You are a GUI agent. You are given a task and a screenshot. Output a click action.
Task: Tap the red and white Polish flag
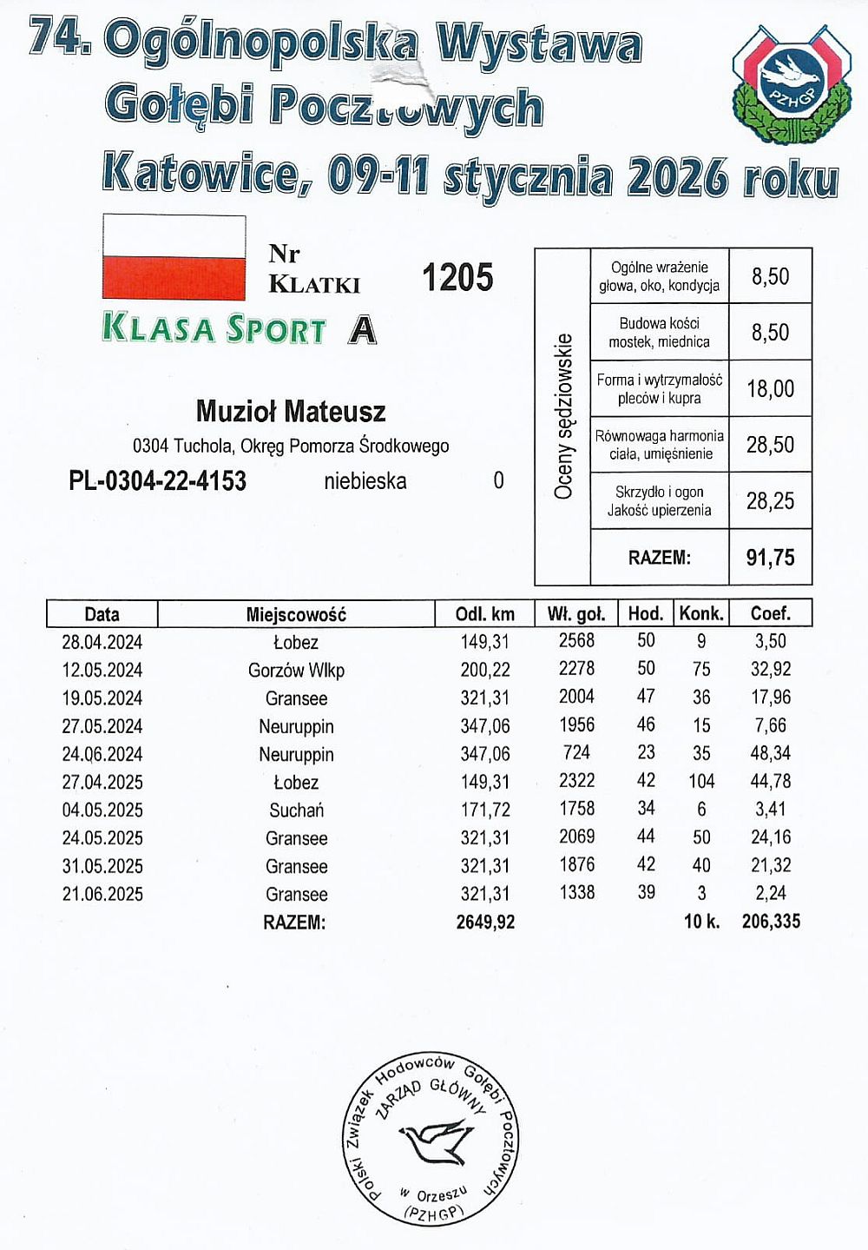click(x=174, y=257)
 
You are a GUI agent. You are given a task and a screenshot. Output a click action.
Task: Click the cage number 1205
click(x=457, y=278)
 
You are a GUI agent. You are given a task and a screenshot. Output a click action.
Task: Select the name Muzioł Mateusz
click(x=291, y=411)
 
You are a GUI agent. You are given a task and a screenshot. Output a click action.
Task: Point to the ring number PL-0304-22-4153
click(x=157, y=480)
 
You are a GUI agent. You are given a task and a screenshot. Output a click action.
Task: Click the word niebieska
click(x=365, y=480)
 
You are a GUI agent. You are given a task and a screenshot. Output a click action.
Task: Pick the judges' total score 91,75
click(x=770, y=557)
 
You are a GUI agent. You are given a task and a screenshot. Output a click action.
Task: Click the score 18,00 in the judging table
click(x=770, y=388)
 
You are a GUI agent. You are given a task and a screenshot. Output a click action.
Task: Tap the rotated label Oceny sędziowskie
click(x=563, y=417)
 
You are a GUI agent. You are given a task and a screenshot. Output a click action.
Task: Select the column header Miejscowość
click(x=296, y=614)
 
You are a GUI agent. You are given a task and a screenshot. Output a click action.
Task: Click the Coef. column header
click(x=770, y=613)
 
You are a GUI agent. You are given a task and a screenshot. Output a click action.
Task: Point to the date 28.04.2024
click(x=102, y=642)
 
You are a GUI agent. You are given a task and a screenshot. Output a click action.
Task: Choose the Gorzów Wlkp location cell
click(x=296, y=671)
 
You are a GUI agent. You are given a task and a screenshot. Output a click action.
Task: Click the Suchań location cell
click(x=296, y=810)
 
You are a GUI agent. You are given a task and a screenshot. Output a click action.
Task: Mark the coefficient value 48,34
click(x=770, y=754)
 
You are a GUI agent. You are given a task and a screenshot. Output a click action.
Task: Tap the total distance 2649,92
click(x=485, y=922)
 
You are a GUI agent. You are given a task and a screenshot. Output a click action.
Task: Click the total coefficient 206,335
click(x=771, y=921)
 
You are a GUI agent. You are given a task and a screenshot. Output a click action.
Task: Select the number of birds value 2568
click(x=576, y=641)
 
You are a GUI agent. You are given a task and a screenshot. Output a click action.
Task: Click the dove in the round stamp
click(x=435, y=1140)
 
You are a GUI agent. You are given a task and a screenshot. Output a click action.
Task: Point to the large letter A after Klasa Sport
click(x=363, y=329)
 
